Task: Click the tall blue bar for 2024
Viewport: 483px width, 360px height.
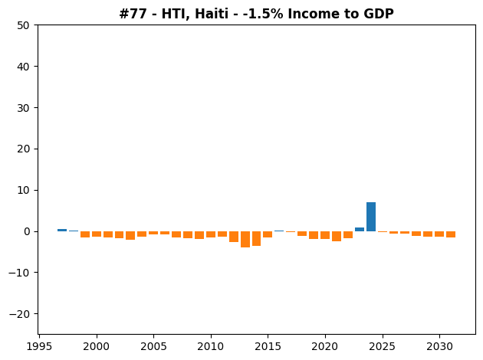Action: (x=371, y=217)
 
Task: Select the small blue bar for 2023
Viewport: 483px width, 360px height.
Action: (x=360, y=229)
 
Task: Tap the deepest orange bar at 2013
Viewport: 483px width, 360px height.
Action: (x=245, y=239)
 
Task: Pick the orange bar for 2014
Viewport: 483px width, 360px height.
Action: (x=257, y=238)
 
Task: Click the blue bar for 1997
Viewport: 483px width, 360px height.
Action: (x=62, y=230)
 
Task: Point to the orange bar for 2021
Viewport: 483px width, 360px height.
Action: (x=337, y=237)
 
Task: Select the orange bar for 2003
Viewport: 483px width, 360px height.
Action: (x=130, y=235)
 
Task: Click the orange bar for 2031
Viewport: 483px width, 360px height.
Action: (x=451, y=234)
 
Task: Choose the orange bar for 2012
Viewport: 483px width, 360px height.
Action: (x=234, y=237)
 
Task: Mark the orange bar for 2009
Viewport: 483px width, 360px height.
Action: (x=199, y=235)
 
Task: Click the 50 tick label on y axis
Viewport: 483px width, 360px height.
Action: (x=24, y=25)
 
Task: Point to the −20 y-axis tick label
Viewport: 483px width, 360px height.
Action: (x=19, y=314)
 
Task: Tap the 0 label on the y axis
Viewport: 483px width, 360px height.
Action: (x=27, y=231)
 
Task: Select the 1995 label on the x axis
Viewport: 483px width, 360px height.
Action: (x=39, y=347)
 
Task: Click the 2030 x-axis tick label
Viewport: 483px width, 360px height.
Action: (x=439, y=347)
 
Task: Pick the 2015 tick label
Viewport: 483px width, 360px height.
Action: (x=268, y=347)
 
